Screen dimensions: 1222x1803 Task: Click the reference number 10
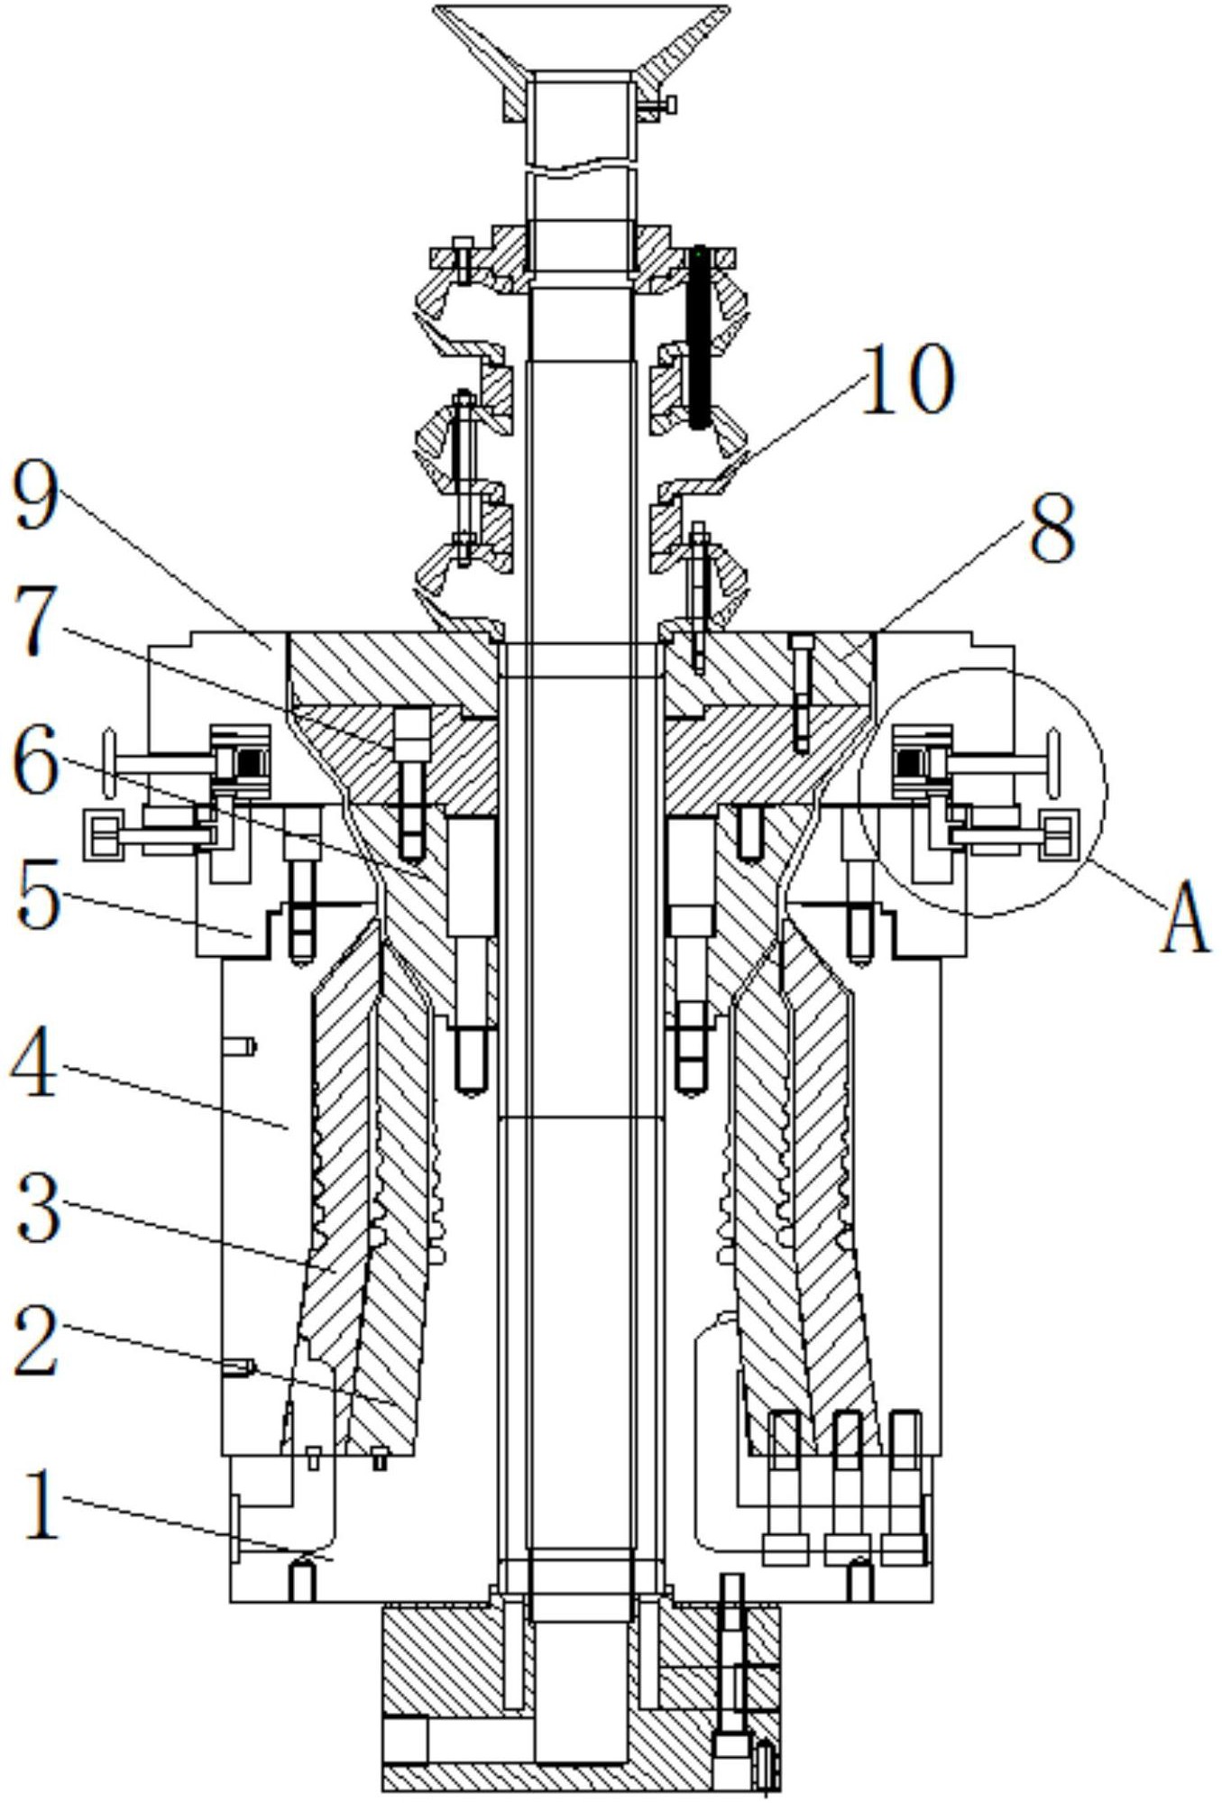point(905,379)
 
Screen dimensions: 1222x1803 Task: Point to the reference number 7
point(35,623)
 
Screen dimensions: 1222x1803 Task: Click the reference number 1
point(41,1504)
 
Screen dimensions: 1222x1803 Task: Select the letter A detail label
point(1184,917)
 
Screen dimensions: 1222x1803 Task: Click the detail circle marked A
point(982,793)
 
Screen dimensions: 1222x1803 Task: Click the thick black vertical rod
point(699,337)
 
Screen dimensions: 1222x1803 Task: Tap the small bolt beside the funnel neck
point(657,106)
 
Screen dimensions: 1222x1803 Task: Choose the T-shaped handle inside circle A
point(1001,763)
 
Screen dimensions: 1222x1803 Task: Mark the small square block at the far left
point(103,834)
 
